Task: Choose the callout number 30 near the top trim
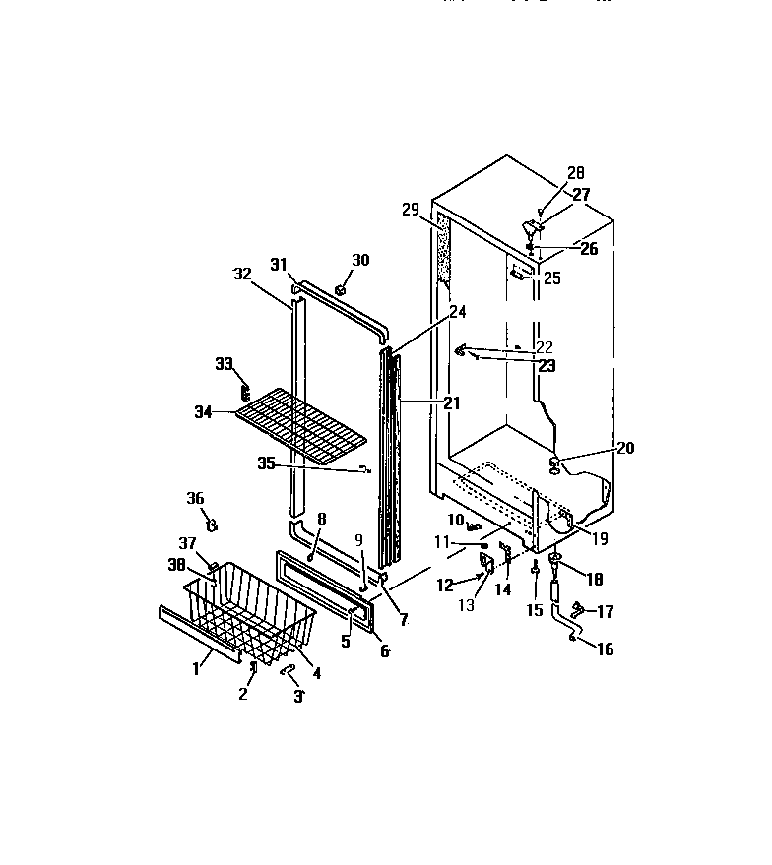pos(361,260)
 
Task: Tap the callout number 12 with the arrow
pos(444,585)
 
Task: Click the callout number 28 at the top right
pos(574,174)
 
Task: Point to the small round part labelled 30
pos(341,289)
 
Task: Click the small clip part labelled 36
pos(211,520)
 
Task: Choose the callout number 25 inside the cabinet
pos(552,279)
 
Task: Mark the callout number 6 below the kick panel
pos(383,651)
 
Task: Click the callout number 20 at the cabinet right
pos(624,447)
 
